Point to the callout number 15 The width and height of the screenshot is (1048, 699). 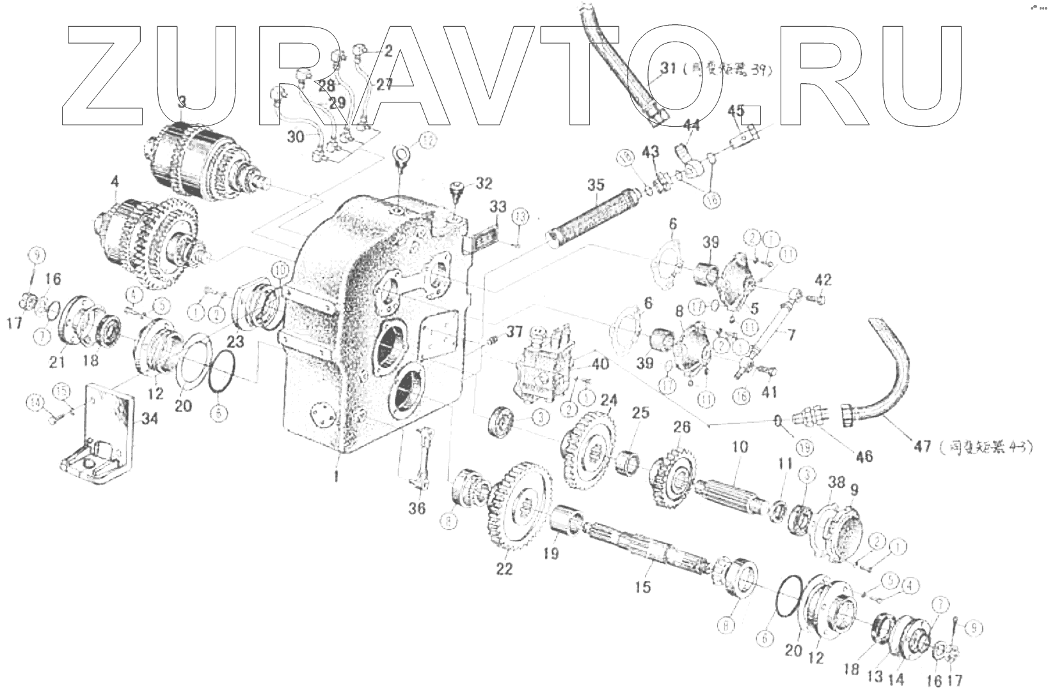tap(642, 586)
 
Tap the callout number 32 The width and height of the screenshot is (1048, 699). tap(484, 184)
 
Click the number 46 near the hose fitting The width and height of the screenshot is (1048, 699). tap(864, 456)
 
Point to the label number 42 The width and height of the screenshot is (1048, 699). tap(823, 280)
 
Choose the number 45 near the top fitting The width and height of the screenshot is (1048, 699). tap(736, 111)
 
